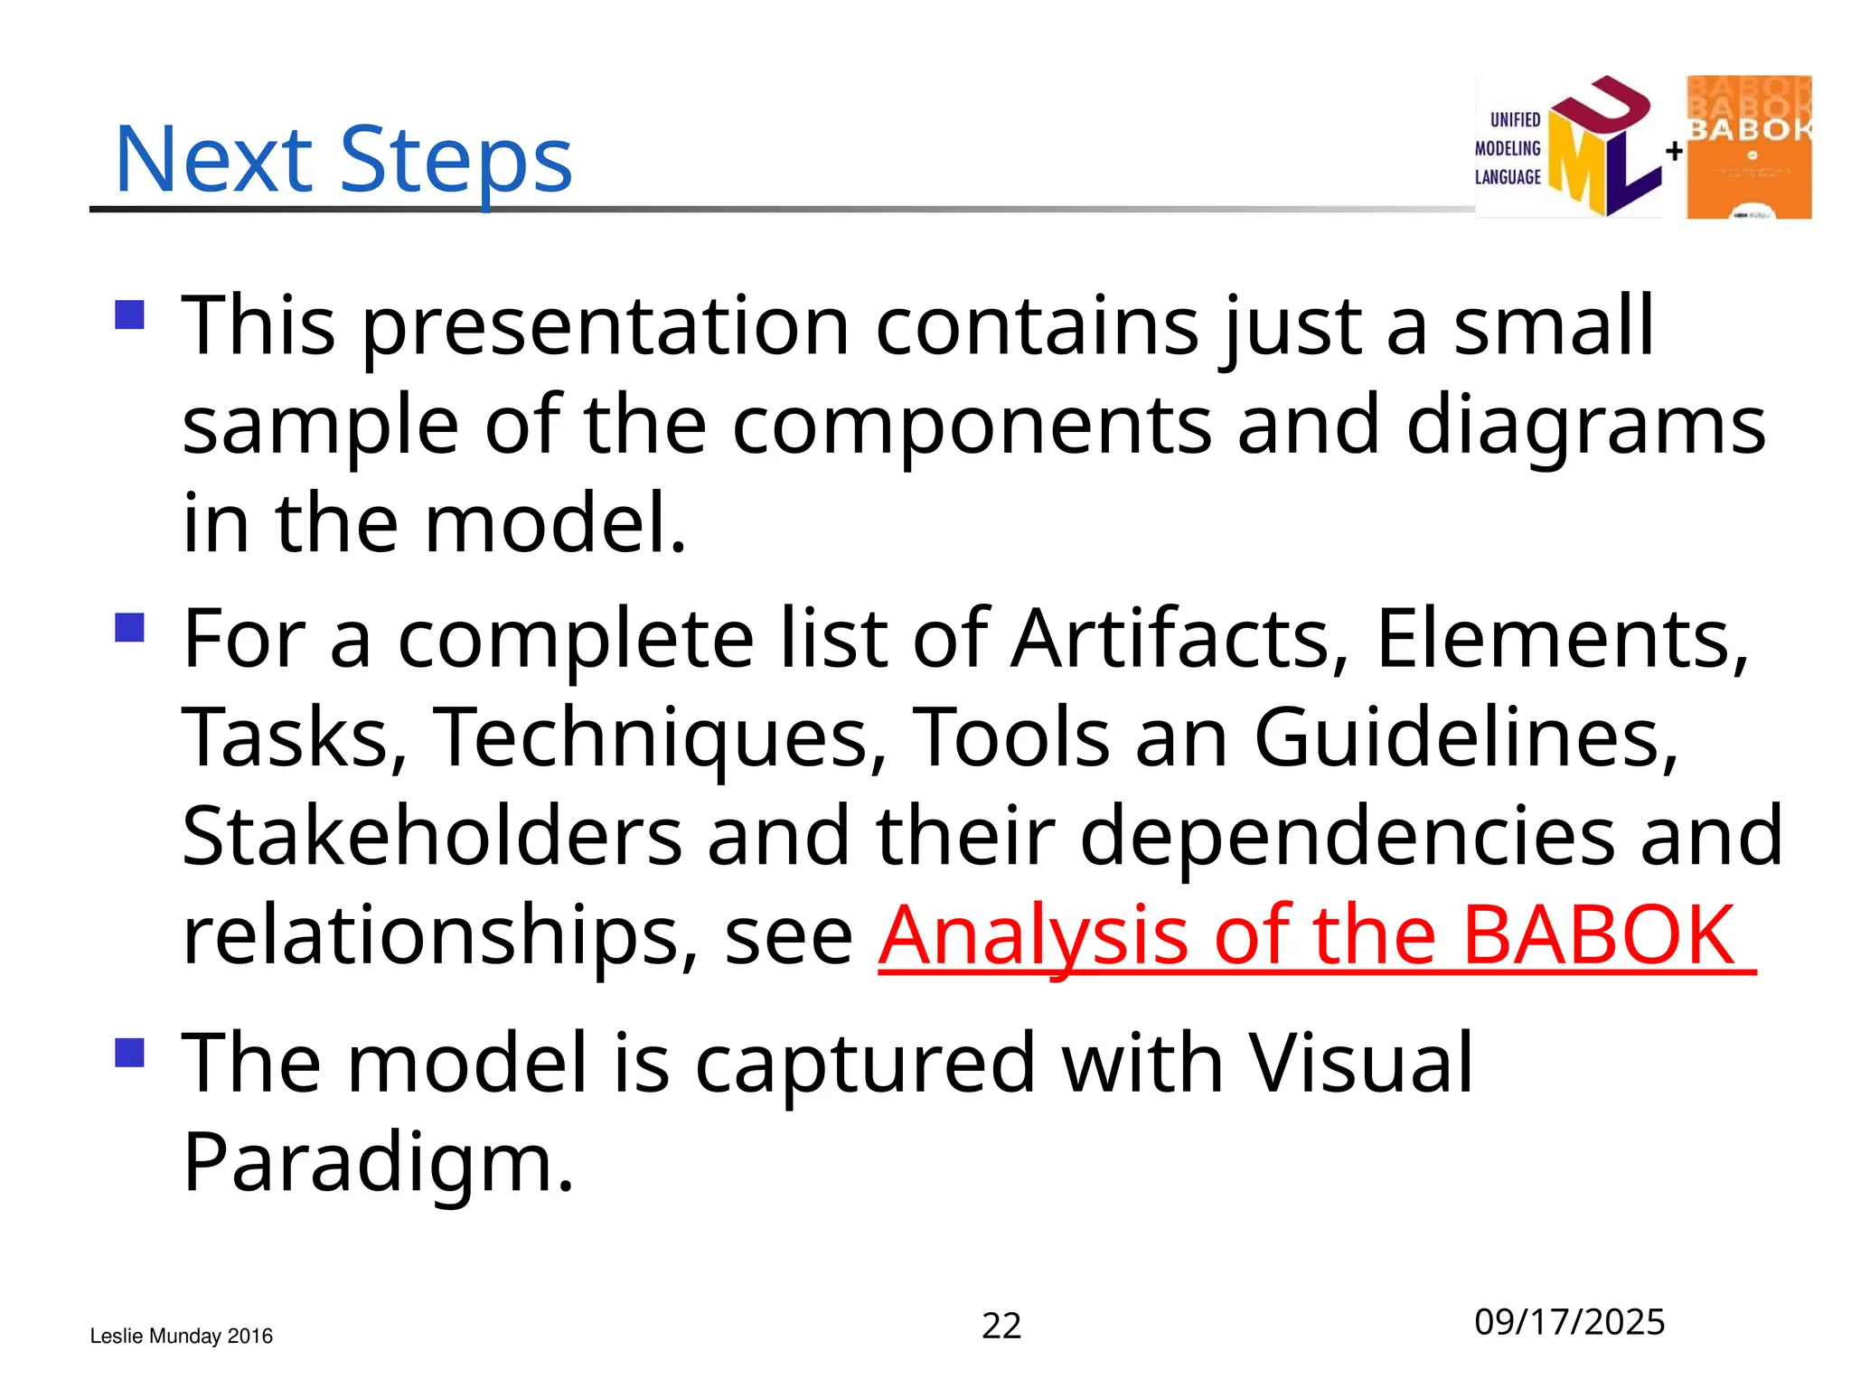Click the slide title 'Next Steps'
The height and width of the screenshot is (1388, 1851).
pyautogui.click(x=343, y=161)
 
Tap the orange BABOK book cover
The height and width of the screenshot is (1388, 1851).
pyautogui.click(x=1748, y=146)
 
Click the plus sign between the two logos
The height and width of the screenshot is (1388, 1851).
pyautogui.click(x=1674, y=151)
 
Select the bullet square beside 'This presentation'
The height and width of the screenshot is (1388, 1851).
pyautogui.click(x=130, y=314)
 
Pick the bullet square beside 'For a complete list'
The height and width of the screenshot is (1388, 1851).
pyautogui.click(x=130, y=627)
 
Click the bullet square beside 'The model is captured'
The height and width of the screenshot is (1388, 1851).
pyautogui.click(x=130, y=1052)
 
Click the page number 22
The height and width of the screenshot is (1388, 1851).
pyautogui.click(x=1001, y=1326)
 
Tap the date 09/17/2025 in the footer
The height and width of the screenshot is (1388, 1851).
pyautogui.click(x=1569, y=1322)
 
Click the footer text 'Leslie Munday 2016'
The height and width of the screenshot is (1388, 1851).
pyautogui.click(x=181, y=1336)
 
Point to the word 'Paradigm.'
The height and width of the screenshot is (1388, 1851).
pyautogui.click(x=378, y=1163)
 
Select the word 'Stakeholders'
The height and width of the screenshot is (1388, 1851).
pyautogui.click(x=432, y=837)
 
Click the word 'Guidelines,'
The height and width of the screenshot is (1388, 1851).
pyautogui.click(x=1466, y=737)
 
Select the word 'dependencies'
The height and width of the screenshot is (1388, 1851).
pyautogui.click(x=1347, y=837)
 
